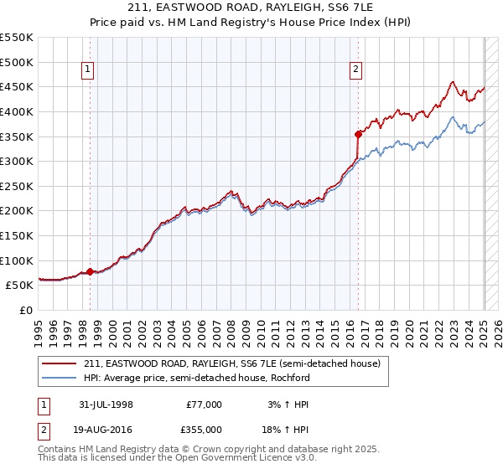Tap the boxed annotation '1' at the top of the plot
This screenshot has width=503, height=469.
pos(88,70)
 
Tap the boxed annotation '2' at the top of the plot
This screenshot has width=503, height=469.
pos(356,70)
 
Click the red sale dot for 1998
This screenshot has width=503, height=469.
pos(90,271)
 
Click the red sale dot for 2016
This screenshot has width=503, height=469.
pos(358,133)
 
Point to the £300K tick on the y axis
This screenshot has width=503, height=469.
pos(17,161)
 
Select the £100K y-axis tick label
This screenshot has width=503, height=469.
pos(17,260)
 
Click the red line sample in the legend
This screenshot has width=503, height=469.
pos(60,363)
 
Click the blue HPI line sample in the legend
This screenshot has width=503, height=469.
pos(60,378)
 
